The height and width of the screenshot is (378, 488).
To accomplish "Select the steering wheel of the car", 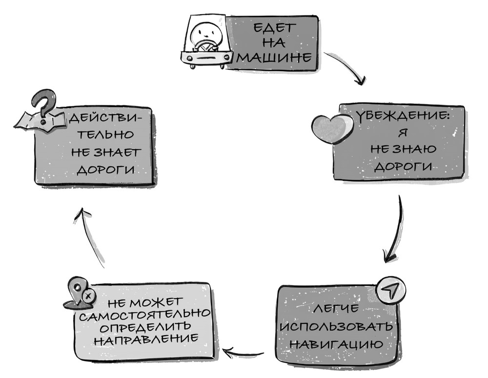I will (204, 47).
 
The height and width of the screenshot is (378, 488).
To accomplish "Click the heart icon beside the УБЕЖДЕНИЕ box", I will (332, 128).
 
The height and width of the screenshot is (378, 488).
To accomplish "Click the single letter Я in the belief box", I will (402, 132).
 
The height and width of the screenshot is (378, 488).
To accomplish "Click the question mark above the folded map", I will (43, 105).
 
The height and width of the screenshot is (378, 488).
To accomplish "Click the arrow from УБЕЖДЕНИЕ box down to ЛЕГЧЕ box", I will (396, 229).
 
